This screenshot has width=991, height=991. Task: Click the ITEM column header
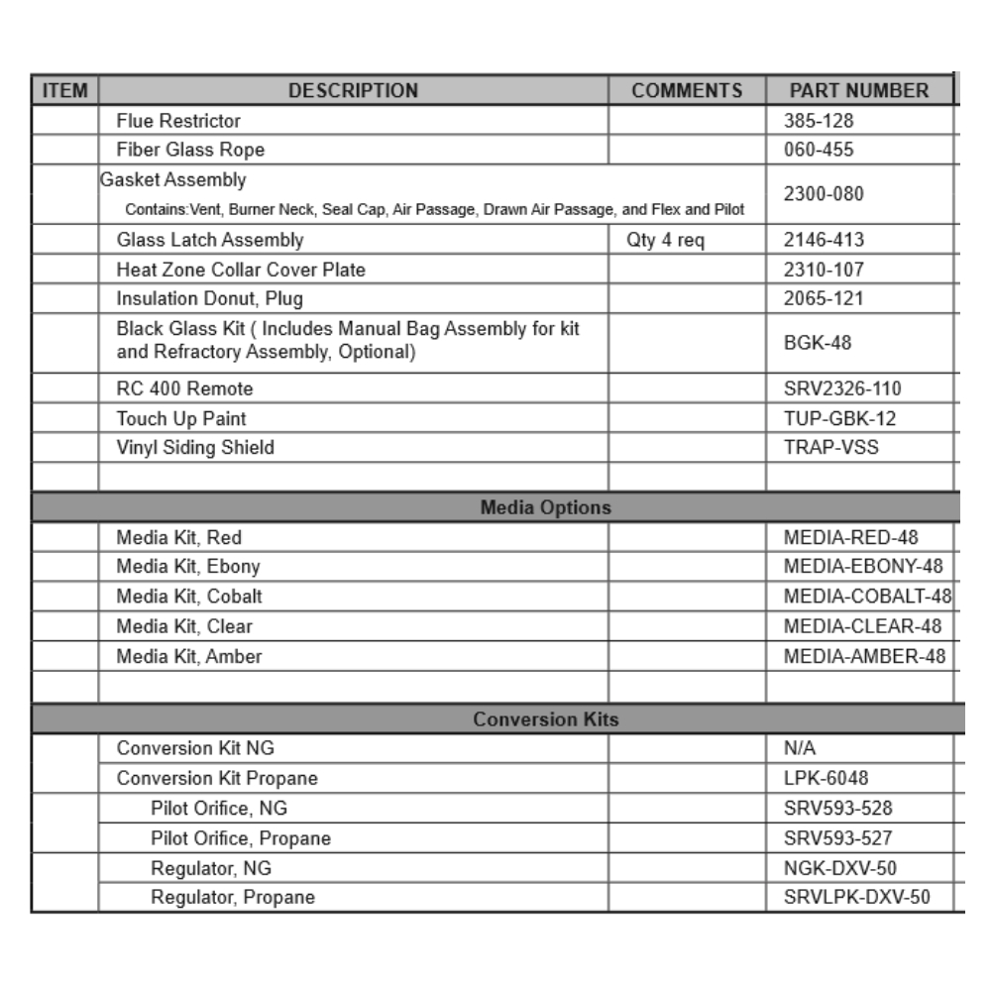pyautogui.click(x=65, y=91)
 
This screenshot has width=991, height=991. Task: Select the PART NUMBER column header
pyautogui.click(x=858, y=91)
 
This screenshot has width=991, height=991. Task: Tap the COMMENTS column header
pyautogui.click(x=687, y=91)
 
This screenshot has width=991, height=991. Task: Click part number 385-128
pyautogui.click(x=818, y=121)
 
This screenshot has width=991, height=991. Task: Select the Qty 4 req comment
pyautogui.click(x=665, y=240)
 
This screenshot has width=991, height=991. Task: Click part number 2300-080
pyautogui.click(x=823, y=194)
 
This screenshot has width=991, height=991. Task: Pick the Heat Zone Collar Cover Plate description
pyautogui.click(x=241, y=270)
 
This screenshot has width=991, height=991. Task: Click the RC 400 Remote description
pyautogui.click(x=184, y=388)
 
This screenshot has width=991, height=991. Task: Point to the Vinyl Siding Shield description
pyautogui.click(x=195, y=448)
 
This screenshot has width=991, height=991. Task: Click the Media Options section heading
pyautogui.click(x=545, y=507)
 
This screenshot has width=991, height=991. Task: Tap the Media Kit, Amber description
pyautogui.click(x=189, y=656)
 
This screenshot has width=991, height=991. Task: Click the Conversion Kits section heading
pyautogui.click(x=545, y=719)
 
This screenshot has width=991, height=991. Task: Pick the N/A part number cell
pyautogui.click(x=800, y=749)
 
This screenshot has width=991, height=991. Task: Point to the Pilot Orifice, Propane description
pyautogui.click(x=241, y=838)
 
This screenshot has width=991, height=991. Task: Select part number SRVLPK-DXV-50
pyautogui.click(x=856, y=898)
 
